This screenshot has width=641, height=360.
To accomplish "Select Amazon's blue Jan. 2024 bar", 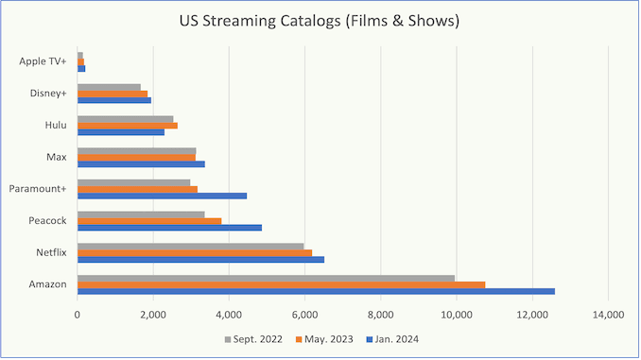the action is pos(316,291).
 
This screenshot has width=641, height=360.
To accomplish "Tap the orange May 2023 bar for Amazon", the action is pos(281,284).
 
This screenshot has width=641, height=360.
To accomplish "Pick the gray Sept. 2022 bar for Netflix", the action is pos(190,247).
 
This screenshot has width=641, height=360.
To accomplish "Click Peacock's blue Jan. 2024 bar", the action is pos(169,228).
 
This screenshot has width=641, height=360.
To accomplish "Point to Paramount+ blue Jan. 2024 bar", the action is pos(162,196).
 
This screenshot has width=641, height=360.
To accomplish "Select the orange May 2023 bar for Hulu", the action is pos(128,126).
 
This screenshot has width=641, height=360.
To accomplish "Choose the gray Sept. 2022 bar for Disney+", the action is pos(109,88).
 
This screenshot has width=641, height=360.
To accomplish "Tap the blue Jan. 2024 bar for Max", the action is pos(141,163).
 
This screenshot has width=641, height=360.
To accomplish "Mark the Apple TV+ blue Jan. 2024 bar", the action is pos(81,69).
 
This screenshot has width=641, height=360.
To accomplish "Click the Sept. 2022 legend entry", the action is pos(253,339).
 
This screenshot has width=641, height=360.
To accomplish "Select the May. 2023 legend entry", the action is pos(324,339).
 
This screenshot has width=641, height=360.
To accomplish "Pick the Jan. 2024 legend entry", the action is pos(392,339).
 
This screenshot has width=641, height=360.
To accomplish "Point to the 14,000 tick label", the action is pos(608,315).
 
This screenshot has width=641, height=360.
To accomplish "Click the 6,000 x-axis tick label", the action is pos(305,315).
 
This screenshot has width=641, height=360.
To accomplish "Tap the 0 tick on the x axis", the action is pos(78,315).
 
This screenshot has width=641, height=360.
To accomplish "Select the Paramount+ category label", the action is pos(38,189).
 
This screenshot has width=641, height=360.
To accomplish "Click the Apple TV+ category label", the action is pos(43,61).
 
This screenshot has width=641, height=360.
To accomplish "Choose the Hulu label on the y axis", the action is pos(56,125).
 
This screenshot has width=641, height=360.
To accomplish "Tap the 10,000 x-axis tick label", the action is pos(457,315).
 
